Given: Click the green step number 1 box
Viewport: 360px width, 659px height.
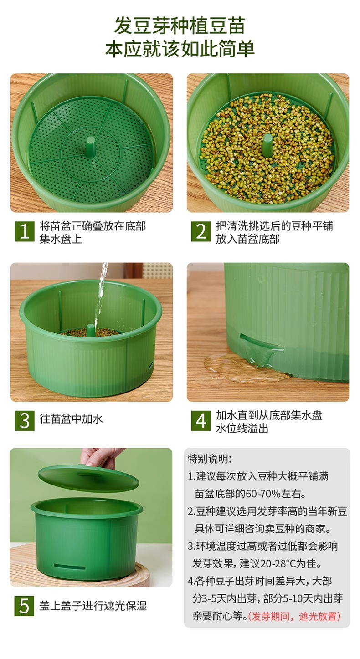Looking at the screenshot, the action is pos(25,231).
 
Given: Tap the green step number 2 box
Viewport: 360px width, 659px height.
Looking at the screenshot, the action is pos(201,231).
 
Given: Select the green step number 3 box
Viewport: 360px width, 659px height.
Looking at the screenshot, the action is pos(25,421).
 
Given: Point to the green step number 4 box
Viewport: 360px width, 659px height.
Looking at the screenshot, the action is pos(201,421).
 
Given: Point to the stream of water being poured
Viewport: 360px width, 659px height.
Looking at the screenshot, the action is pos(101,294).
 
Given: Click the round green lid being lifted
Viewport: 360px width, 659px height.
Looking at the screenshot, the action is pos(88,478).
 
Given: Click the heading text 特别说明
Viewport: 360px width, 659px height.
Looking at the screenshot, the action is pos(210,459).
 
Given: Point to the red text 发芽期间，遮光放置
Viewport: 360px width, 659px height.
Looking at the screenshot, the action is pos(294,616).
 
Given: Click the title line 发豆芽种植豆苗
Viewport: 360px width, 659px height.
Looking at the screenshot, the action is pos(180,26).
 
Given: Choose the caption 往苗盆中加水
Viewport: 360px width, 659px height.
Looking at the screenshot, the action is pos(71,419).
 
